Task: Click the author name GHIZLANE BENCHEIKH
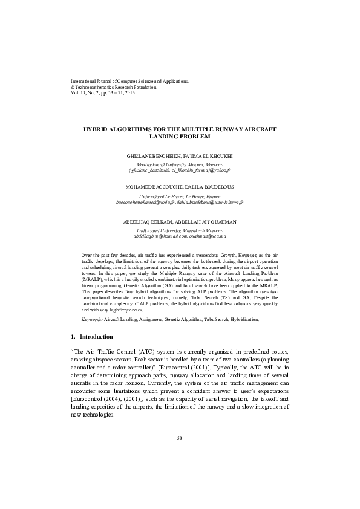[x=159, y=156]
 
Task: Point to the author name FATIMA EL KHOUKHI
[x=203, y=156]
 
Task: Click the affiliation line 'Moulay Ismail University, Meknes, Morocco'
[x=180, y=164]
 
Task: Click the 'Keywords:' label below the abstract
[x=92, y=319]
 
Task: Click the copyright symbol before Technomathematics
[x=73, y=87]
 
